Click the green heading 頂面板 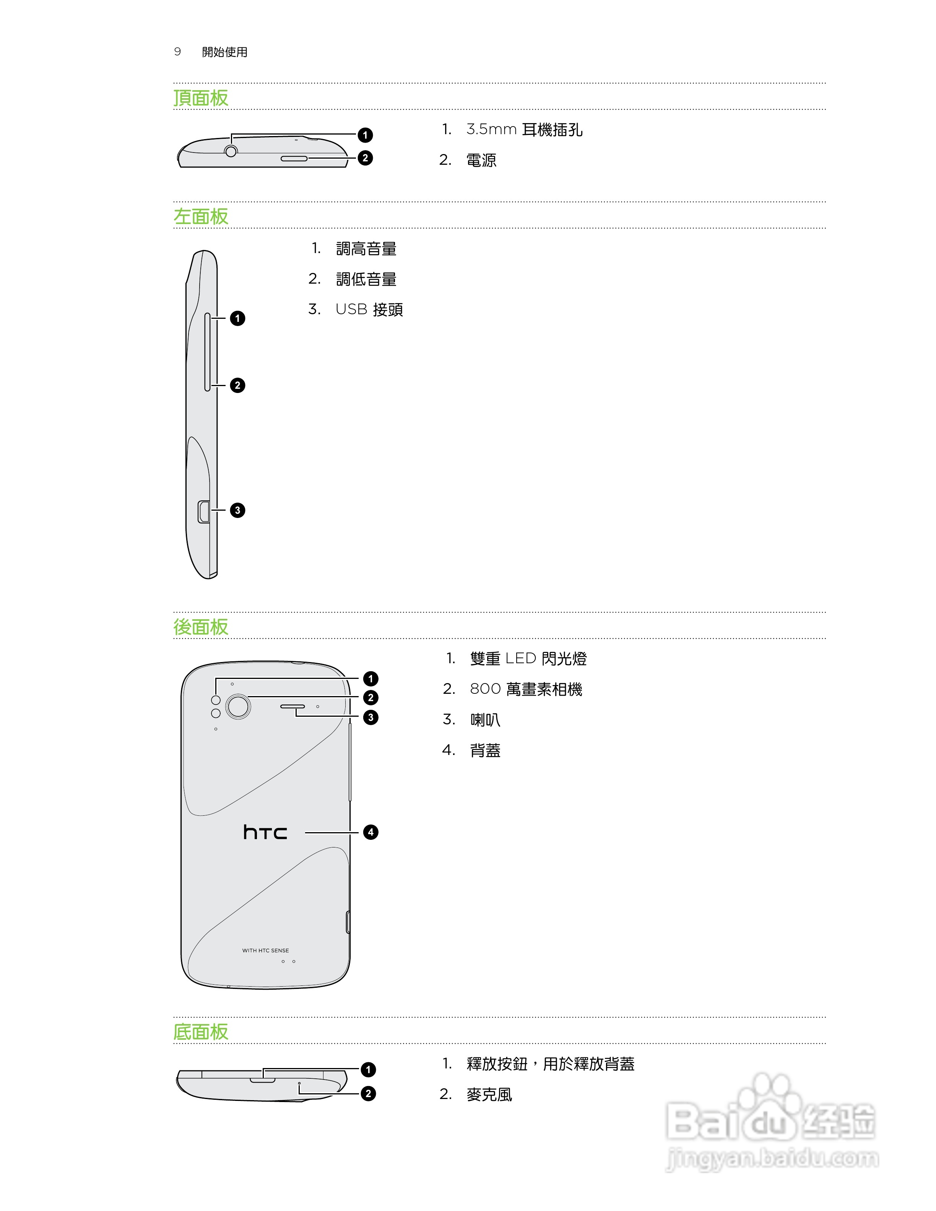click(201, 98)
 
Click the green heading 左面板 click(201, 216)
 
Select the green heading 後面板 click(201, 627)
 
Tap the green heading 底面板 click(201, 1032)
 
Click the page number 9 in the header click(177, 52)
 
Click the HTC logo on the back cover click(265, 832)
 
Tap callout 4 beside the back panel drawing click(370, 832)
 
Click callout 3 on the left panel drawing click(237, 510)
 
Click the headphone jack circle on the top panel click(231, 151)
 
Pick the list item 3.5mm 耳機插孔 click(524, 130)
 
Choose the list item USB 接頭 click(369, 309)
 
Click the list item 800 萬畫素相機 click(526, 689)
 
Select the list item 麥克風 click(489, 1094)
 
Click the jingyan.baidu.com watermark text click(772, 1158)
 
